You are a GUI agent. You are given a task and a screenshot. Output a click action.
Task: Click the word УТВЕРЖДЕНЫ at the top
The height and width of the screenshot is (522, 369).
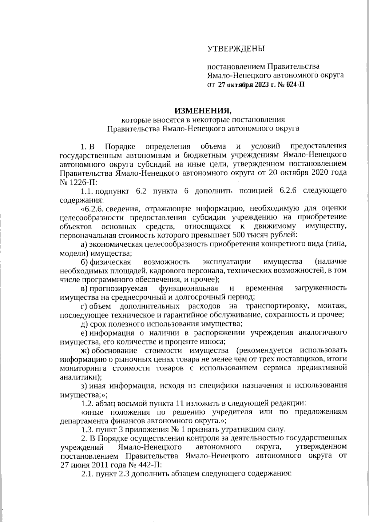point(236,49)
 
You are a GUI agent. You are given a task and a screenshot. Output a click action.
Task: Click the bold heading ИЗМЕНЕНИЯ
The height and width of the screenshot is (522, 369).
point(202,110)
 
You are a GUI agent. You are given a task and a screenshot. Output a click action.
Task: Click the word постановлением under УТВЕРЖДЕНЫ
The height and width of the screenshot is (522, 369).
point(236,66)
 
